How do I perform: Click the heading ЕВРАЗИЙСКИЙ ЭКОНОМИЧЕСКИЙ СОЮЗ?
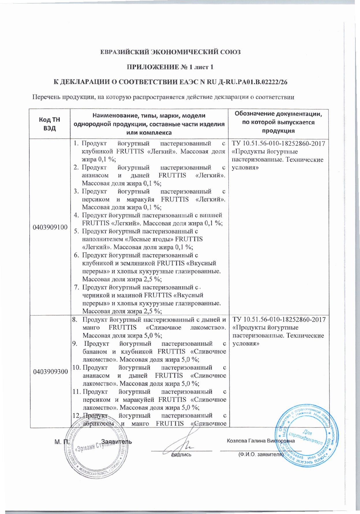[170, 52]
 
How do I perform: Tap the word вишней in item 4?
[212, 215]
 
